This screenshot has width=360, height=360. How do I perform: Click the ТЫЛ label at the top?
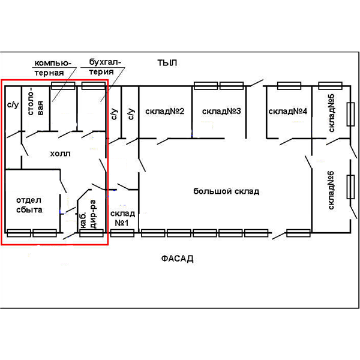pyautogui.click(x=167, y=63)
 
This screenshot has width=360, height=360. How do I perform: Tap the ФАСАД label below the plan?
pyautogui.click(x=177, y=259)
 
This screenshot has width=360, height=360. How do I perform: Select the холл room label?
pyautogui.click(x=60, y=154)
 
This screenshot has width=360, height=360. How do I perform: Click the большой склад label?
pyautogui.click(x=226, y=191)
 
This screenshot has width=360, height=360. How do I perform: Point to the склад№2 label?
pyautogui.click(x=165, y=112)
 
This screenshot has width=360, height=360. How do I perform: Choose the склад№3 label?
pyautogui.click(x=221, y=112)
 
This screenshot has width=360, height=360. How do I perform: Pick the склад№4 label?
pyautogui.click(x=287, y=112)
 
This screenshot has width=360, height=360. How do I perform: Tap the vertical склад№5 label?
pyautogui.click(x=331, y=113)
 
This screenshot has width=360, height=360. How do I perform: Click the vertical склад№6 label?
pyautogui.click(x=331, y=190)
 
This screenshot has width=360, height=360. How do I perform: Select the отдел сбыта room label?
pyautogui.click(x=29, y=205)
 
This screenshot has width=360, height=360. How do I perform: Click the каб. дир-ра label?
pyautogui.click(x=89, y=214)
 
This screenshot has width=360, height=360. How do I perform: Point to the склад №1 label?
pyautogui.click(x=122, y=218)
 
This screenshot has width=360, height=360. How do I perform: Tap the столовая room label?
pyautogui.click(x=35, y=101)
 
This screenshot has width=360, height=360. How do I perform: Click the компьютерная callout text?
pyautogui.click(x=53, y=68)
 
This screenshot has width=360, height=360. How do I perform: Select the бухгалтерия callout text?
pyautogui.click(x=105, y=67)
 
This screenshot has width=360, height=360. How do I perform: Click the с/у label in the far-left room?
pyautogui.click(x=13, y=104)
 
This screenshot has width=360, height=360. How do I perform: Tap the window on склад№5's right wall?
pyautogui.click(x=350, y=115)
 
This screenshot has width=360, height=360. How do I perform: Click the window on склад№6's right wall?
pyautogui.click(x=350, y=187)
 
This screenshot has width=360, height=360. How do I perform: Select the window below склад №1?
pyautogui.click(x=122, y=233)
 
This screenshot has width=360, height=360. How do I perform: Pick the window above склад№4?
pyautogui.click(x=289, y=86)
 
